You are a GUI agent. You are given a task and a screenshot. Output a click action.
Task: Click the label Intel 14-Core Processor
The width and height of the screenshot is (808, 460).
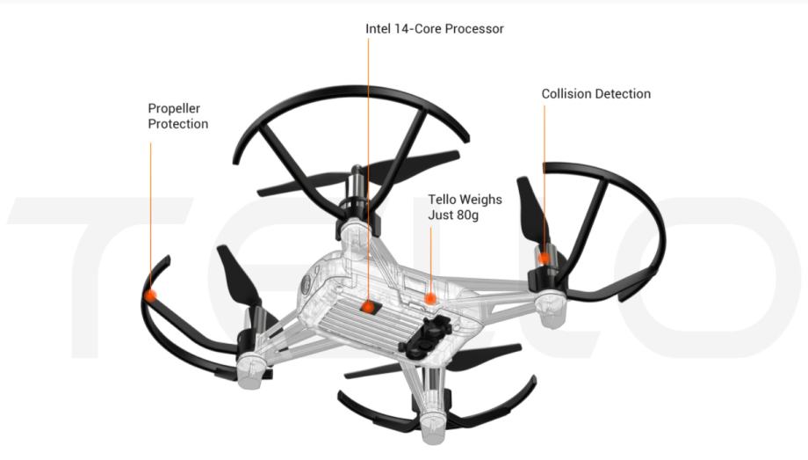pyautogui.click(x=434, y=29)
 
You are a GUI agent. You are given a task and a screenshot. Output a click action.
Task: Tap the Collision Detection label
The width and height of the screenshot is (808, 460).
pyautogui.click(x=595, y=94)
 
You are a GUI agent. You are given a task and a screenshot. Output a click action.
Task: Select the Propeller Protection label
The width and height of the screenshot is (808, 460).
pyautogui.click(x=177, y=116)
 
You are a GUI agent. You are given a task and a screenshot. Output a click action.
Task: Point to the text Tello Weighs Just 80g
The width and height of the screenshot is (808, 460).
pyautogui.click(x=465, y=207)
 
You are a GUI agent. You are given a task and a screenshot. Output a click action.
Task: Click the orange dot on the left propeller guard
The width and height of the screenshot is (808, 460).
pyautogui.click(x=151, y=295)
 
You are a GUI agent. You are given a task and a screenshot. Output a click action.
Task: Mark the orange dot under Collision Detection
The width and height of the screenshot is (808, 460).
pyautogui.click(x=545, y=258)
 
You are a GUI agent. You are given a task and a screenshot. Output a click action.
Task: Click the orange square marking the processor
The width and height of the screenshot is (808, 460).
pyautogui.click(x=368, y=306)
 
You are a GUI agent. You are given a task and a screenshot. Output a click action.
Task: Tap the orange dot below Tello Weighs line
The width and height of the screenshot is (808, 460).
pyautogui.click(x=430, y=299)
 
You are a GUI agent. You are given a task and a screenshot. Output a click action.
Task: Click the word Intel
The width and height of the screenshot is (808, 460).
pyautogui.click(x=379, y=29)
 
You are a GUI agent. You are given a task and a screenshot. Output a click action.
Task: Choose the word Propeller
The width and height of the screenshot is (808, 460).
pyautogui.click(x=174, y=108)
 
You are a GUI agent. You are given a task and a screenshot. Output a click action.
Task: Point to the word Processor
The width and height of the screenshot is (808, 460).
pyautogui.click(x=473, y=29)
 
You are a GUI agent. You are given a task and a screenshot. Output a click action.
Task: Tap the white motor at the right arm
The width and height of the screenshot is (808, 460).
pyautogui.click(x=552, y=310)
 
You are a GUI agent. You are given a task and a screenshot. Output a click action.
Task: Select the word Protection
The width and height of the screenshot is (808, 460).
pyautogui.click(x=177, y=124)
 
